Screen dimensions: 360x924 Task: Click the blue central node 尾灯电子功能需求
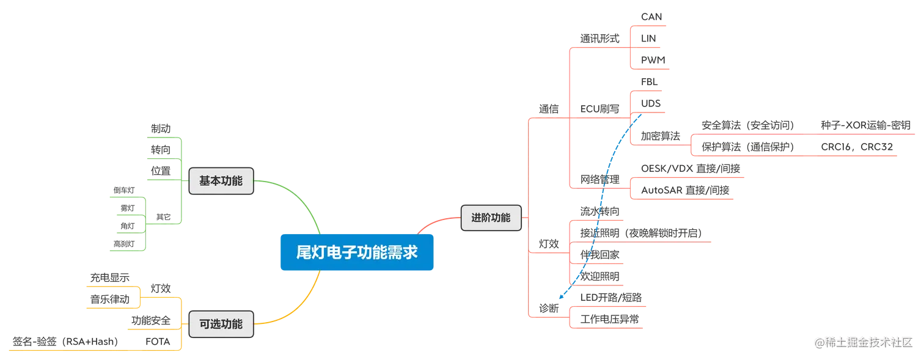[x=356, y=252]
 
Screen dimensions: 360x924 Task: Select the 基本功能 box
[x=221, y=181]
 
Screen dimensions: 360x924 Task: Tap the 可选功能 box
[x=221, y=324]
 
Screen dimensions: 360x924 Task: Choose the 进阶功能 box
[x=491, y=217]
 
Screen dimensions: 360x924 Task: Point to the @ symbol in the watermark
[x=820, y=342]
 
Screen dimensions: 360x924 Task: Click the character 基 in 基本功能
[x=205, y=181]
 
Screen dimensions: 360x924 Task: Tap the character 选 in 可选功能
[x=216, y=324]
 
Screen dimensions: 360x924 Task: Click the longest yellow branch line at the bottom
[x=92, y=350]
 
